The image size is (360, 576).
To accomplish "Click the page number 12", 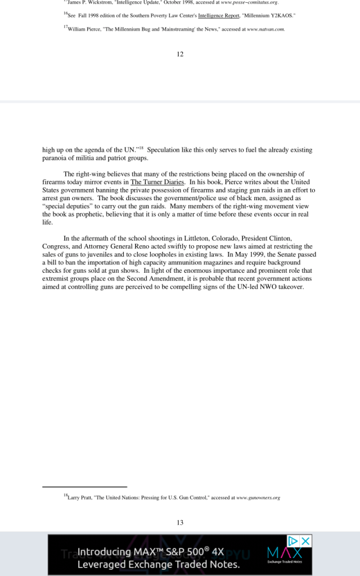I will click(x=180, y=54).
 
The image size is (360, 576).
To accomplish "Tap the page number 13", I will click(x=180, y=523).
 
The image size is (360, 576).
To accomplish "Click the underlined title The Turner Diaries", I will click(x=157, y=182).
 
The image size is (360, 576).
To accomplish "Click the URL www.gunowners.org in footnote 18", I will click(x=258, y=498).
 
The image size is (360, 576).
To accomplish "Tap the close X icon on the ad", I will click(x=305, y=541).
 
